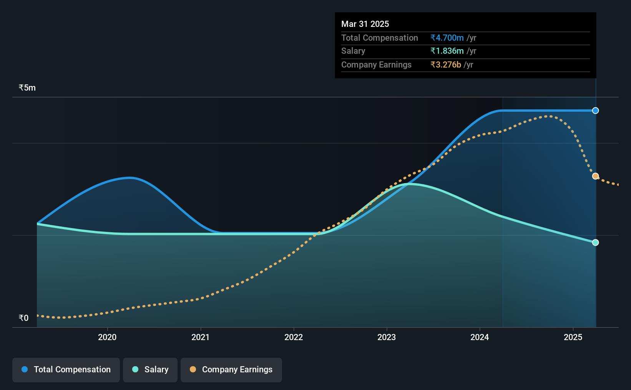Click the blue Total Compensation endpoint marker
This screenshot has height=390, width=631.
pos(595,111)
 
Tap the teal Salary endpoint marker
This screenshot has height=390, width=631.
pos(595,242)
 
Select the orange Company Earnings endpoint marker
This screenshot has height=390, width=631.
pos(595,176)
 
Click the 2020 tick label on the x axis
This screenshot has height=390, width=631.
pos(107,337)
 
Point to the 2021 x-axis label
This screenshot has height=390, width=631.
pos(201,337)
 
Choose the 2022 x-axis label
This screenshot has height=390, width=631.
pos(294,337)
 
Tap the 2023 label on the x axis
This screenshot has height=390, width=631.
pos(387,337)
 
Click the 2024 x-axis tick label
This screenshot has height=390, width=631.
pos(480,337)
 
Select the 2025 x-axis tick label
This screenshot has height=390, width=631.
pos(573,337)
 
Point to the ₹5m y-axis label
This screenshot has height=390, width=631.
pos(27,88)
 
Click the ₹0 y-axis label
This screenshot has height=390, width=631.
pos(24,318)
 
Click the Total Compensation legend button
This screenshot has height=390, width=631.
pos(66,370)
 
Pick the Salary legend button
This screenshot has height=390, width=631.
pos(150,370)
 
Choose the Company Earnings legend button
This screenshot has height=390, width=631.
pos(231,370)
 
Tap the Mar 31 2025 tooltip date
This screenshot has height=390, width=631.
pos(365,24)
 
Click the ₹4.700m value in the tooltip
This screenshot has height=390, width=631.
pos(447,38)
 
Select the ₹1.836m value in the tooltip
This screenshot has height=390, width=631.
pos(447,51)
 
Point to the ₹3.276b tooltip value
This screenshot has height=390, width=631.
pos(446,65)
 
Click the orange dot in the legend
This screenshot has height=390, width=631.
pos(193,369)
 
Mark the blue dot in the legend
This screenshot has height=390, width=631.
pos(25,369)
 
